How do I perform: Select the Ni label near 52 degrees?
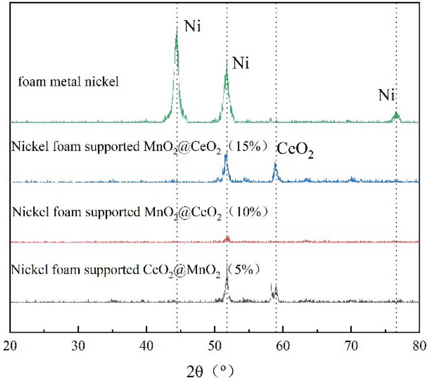tap(241, 64)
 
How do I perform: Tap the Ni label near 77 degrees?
tap(387, 95)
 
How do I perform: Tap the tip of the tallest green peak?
tap(177, 27)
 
